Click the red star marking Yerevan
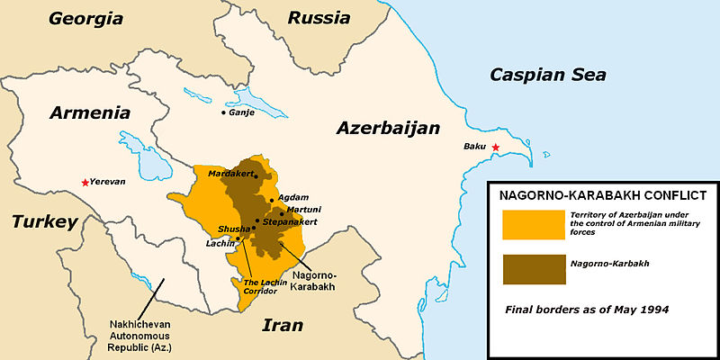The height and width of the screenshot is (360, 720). [85, 183]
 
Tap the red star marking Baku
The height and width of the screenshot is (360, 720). [495, 147]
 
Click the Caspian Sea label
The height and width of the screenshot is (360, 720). [547, 75]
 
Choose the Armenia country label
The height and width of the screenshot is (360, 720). [78, 113]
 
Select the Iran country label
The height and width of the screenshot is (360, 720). [282, 325]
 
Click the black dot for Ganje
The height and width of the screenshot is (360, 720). [224, 112]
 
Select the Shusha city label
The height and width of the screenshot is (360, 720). [234, 229]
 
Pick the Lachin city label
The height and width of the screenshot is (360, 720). [220, 243]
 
